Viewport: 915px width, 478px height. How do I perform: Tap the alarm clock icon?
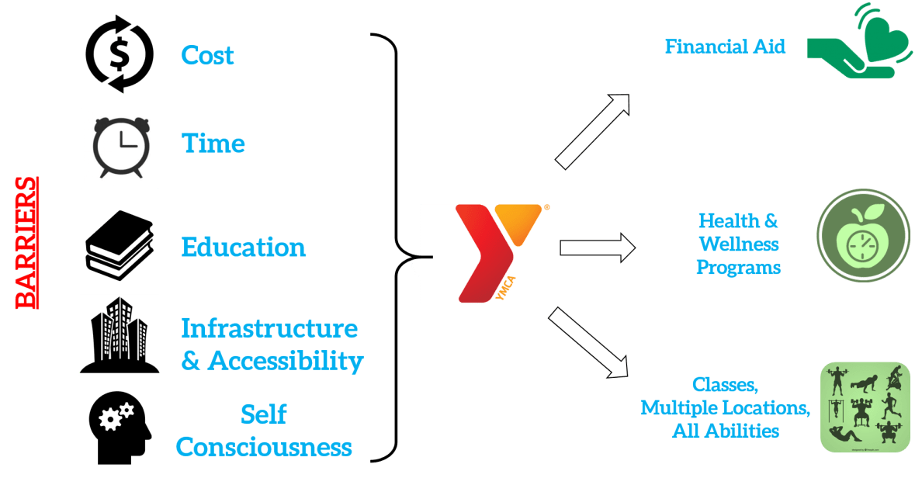pos(120,147)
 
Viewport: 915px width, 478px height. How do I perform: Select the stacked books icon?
pos(119,245)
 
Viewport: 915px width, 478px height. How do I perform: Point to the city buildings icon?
pos(120,334)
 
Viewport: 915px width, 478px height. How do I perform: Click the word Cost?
pos(207,55)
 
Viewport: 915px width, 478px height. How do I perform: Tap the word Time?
pos(213,143)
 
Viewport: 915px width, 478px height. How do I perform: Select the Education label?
pos(244,247)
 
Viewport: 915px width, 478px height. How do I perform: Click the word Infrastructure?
pos(269,328)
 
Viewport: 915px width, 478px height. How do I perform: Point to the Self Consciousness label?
pos(264,431)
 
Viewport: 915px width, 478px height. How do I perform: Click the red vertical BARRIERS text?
pos(28,242)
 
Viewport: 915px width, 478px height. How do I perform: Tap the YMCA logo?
pos(485,253)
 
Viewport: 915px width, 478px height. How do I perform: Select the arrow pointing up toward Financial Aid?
pos(591,131)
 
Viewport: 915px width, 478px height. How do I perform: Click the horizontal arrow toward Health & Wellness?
pos(597,248)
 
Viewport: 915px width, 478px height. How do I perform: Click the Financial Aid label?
pos(725,47)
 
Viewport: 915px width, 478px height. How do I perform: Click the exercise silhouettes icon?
pos(865,407)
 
